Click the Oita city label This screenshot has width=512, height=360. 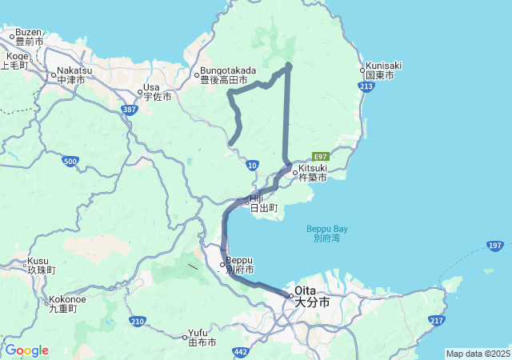[311, 297]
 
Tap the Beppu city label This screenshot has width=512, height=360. [239, 264]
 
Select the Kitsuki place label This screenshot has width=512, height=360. [312, 173]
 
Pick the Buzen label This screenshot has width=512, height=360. [29, 36]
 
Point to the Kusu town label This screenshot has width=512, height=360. [39, 265]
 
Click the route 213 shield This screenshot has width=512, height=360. [367, 86]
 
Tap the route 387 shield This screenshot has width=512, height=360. [130, 110]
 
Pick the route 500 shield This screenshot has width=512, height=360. [70, 162]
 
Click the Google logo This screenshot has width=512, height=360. [26, 350]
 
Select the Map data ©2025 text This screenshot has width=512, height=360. [478, 354]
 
